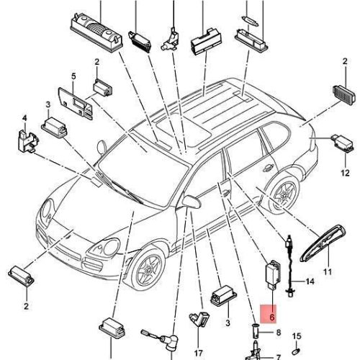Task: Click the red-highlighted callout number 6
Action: (x=272, y=317)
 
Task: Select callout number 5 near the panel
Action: (x=73, y=76)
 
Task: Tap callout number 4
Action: (x=24, y=118)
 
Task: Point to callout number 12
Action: (x=345, y=173)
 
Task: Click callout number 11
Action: (x=328, y=272)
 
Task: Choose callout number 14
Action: (x=310, y=282)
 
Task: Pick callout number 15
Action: (x=297, y=336)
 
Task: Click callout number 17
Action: (x=198, y=354)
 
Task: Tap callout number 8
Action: (x=279, y=333)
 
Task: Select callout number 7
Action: (x=279, y=357)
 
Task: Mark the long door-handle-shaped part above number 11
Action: (x=323, y=243)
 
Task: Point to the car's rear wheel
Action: (x=284, y=194)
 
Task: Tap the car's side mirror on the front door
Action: (x=192, y=202)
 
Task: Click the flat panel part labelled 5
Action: (x=75, y=103)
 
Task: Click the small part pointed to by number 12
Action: (x=342, y=143)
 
